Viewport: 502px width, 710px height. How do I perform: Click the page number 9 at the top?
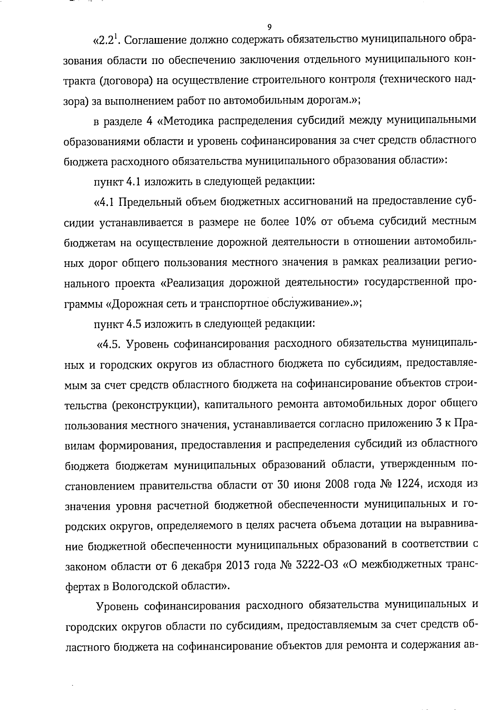(x=269, y=27)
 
